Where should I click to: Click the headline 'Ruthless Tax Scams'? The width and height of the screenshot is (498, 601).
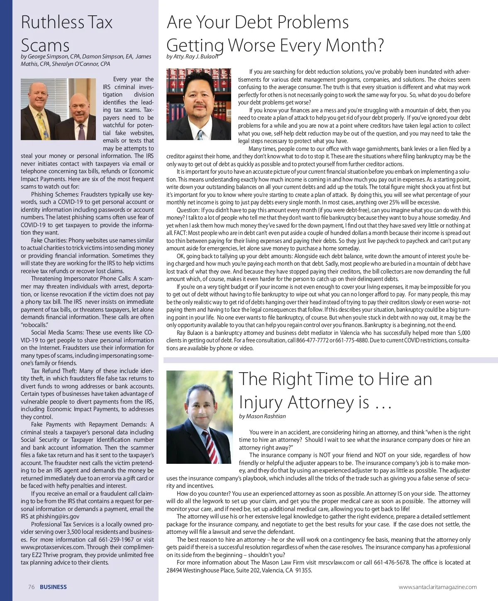[66, 33]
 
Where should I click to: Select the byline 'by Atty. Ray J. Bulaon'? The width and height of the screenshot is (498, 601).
[192, 56]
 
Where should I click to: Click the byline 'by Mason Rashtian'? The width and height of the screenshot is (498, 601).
[262, 416]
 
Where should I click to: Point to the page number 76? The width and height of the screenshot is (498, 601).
[31, 587]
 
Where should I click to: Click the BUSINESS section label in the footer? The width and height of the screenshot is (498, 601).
[53, 587]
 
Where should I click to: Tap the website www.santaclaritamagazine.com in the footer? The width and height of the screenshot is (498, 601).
[437, 587]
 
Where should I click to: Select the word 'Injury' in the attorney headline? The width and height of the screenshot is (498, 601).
[260, 402]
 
